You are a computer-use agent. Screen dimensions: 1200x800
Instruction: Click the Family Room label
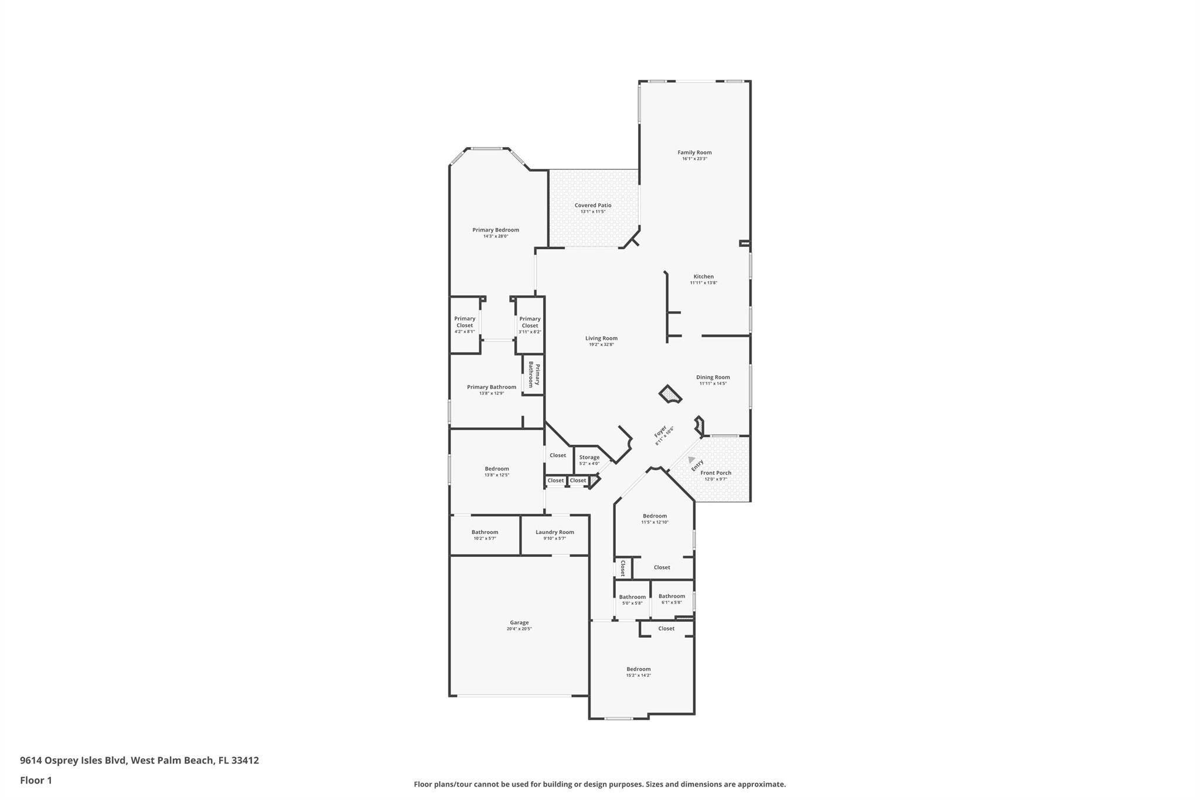[x=694, y=152]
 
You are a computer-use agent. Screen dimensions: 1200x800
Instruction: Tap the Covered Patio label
[x=593, y=205]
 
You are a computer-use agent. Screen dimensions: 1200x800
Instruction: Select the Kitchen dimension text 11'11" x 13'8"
[x=703, y=282]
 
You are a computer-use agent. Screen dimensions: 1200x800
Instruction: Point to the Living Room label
[x=601, y=338]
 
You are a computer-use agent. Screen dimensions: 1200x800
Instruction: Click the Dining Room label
[x=713, y=377]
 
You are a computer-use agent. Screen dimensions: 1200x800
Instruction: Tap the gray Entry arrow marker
[x=691, y=459]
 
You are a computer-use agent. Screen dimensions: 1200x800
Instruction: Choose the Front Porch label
[x=715, y=473]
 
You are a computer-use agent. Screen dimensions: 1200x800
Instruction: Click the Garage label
[x=519, y=622]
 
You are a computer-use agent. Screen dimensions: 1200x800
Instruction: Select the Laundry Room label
[x=554, y=532]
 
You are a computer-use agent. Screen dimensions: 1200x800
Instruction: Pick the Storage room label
[x=589, y=458]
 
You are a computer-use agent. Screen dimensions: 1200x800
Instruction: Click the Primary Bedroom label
[x=496, y=230]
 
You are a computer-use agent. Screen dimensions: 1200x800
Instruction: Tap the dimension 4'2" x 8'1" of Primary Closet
[x=465, y=332]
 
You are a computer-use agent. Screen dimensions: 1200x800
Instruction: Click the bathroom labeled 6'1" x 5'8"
[x=671, y=596]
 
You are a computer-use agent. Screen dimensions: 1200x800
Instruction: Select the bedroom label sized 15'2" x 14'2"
[x=638, y=669]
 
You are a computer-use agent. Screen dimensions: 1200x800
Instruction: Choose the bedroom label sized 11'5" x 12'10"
[x=654, y=516]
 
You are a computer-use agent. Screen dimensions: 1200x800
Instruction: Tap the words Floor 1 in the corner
[x=36, y=780]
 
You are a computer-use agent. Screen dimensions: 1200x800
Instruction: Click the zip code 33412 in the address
[x=245, y=760]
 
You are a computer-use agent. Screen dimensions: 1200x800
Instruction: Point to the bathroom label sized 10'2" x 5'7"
[x=485, y=532]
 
